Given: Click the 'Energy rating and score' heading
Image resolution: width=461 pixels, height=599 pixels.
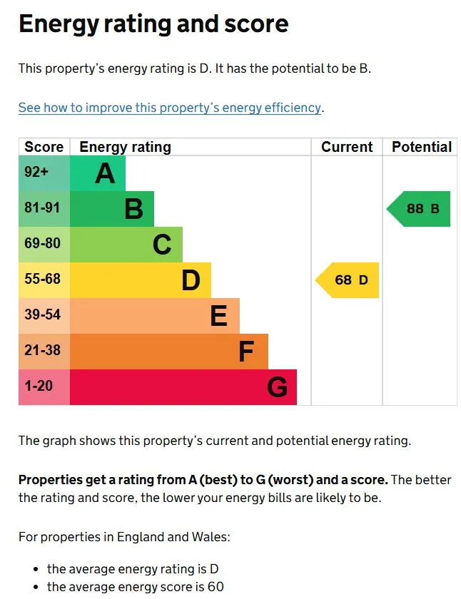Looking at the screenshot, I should pyautogui.click(x=153, y=24).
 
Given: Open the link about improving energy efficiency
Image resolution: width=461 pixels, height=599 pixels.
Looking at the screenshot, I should pyautogui.click(x=170, y=108).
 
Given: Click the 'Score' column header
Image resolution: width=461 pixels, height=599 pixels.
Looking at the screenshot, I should pyautogui.click(x=44, y=147).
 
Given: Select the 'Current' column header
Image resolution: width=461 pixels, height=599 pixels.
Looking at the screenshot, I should pyautogui.click(x=347, y=147).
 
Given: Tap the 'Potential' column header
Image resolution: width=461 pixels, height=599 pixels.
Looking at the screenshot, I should pyautogui.click(x=422, y=147).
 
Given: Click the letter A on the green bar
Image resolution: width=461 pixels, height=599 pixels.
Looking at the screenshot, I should pyautogui.click(x=105, y=173).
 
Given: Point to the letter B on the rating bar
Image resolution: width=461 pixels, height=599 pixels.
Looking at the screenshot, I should pyautogui.click(x=133, y=209).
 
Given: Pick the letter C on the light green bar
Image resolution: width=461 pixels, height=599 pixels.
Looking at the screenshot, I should pyautogui.click(x=162, y=245).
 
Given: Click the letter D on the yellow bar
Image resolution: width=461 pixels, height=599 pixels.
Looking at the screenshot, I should pyautogui.click(x=191, y=280).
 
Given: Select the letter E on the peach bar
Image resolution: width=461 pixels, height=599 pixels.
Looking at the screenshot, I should pyautogui.click(x=219, y=316).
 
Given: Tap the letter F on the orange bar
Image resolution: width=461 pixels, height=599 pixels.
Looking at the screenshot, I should pyautogui.click(x=246, y=352).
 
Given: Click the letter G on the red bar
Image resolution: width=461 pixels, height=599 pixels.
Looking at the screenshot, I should pyautogui.click(x=277, y=387).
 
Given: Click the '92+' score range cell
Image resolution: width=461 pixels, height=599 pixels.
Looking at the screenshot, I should pyautogui.click(x=36, y=172).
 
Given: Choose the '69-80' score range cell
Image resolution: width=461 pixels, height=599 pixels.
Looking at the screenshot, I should pyautogui.click(x=43, y=243).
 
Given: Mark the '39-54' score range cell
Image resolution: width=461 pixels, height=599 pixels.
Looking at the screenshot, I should pyautogui.click(x=43, y=314).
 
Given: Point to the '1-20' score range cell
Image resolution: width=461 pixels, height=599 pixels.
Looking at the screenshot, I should pyautogui.click(x=39, y=386).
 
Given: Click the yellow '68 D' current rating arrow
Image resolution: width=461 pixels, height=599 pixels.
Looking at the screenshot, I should pyautogui.click(x=348, y=280).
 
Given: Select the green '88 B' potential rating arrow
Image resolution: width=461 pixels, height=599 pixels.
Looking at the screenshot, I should pyautogui.click(x=420, y=209).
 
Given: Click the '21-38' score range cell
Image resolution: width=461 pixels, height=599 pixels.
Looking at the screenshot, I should pyautogui.click(x=43, y=350).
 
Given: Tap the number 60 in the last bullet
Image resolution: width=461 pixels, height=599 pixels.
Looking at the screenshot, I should pyautogui.click(x=216, y=587).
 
